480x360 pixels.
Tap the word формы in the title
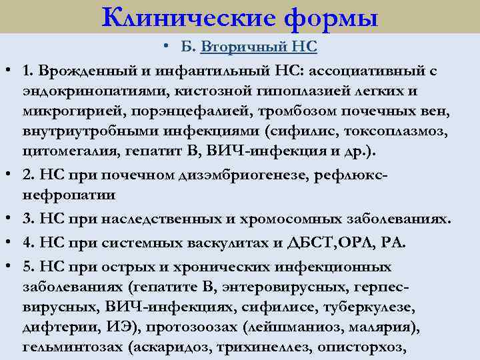click(x=331, y=17)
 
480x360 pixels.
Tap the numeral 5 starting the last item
click(x=27, y=267)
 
